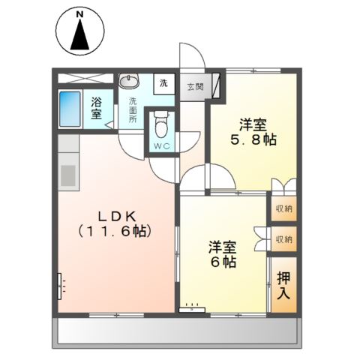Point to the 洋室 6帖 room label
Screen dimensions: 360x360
223,253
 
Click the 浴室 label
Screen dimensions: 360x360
97,107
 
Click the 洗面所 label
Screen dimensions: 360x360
132,109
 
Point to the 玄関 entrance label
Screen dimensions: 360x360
193,85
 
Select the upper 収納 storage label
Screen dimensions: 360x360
283,208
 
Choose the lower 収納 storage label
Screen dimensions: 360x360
283,239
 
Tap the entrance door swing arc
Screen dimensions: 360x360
191,58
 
